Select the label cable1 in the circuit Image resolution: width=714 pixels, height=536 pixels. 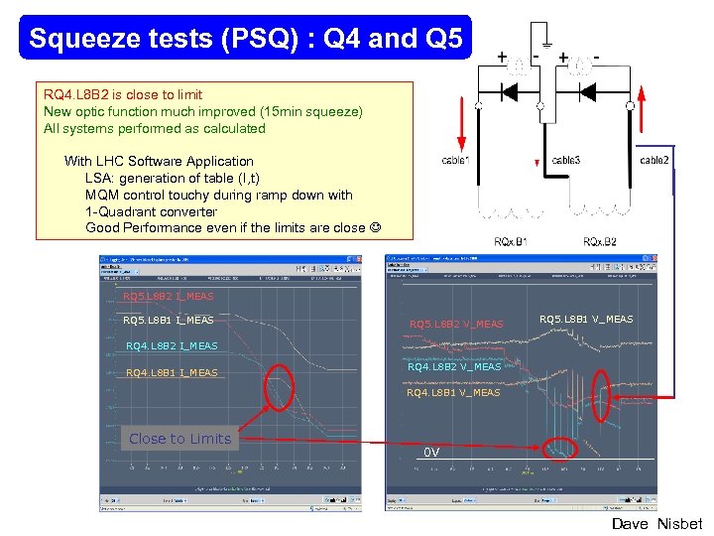456,160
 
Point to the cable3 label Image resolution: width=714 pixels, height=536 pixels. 566,160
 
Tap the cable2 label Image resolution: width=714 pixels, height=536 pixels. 654,160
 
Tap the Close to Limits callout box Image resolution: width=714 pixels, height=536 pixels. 179,439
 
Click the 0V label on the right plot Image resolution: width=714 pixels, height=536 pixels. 431,452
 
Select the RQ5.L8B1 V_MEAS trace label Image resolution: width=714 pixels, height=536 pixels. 587,319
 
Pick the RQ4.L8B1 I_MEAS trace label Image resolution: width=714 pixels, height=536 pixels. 173,373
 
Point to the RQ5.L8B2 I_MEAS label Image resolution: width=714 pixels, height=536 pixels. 168,296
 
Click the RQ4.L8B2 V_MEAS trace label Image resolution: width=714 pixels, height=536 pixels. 454,366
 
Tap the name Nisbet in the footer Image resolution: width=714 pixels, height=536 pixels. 679,524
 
